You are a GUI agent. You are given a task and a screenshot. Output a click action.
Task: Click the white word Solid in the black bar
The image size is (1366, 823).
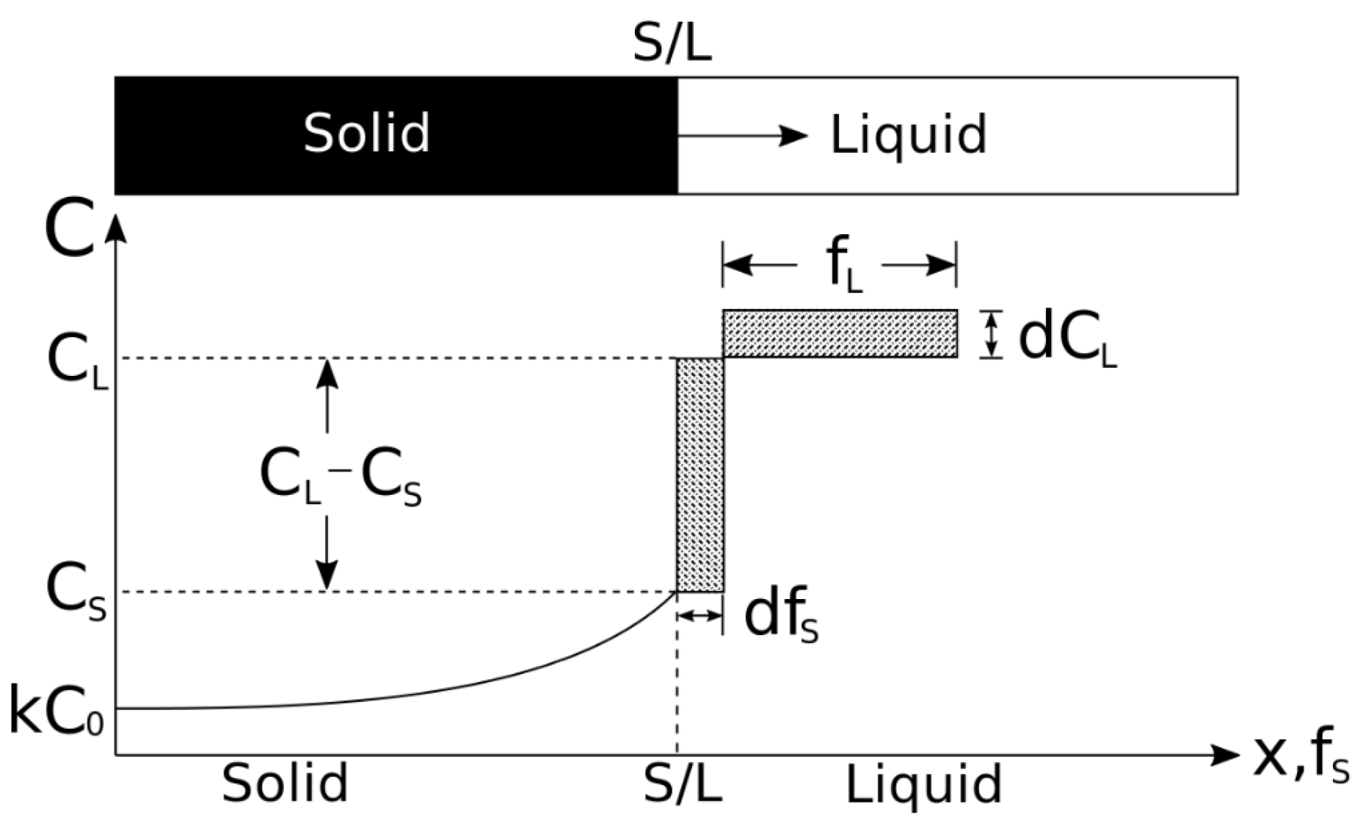366,133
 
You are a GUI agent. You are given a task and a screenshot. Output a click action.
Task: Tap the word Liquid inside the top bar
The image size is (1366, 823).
908,135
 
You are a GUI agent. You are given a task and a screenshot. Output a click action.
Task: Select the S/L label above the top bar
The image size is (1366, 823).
672,46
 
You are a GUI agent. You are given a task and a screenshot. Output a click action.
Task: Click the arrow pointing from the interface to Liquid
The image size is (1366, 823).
741,135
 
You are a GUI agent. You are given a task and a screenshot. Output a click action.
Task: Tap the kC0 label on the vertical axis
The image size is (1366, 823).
56,709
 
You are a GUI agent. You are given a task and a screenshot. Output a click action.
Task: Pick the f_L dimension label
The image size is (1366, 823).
843,266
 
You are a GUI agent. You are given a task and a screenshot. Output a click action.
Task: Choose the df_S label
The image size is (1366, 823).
780,618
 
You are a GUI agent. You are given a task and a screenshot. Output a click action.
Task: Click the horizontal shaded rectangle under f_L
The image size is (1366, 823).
840,334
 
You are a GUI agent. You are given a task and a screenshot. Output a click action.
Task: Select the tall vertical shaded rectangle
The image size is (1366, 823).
700,475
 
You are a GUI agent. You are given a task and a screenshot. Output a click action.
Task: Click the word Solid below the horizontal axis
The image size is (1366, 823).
285,783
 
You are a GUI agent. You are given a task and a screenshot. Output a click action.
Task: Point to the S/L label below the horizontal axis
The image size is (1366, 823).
682,783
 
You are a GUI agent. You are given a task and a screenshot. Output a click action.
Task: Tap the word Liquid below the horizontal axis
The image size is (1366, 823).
923,785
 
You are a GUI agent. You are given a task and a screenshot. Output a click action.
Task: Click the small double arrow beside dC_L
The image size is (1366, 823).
991,334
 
